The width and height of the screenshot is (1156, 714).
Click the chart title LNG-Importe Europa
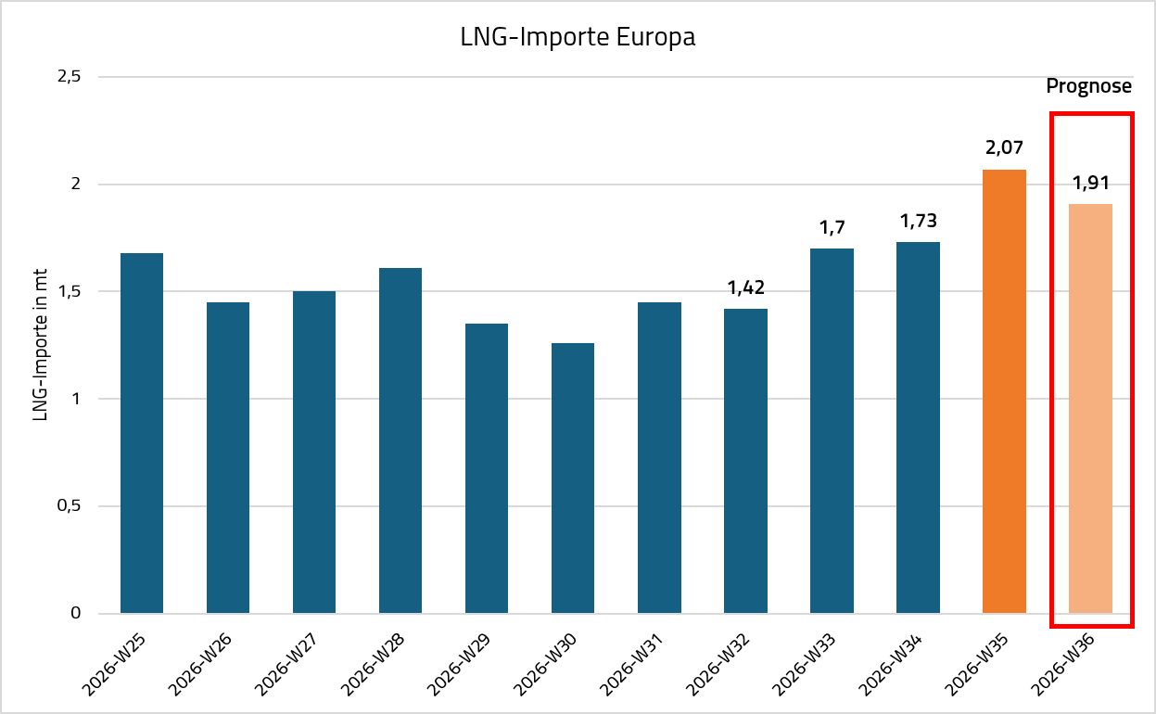click(x=578, y=37)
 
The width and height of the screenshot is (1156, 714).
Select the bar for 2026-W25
click(x=142, y=433)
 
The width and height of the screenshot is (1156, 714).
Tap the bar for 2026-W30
click(x=573, y=478)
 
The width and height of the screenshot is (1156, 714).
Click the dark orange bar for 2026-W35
click(x=1004, y=391)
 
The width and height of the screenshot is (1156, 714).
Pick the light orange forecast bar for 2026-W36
click(x=1090, y=408)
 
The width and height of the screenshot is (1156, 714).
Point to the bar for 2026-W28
click(x=400, y=440)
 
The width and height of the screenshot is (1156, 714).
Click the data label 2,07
click(x=1004, y=148)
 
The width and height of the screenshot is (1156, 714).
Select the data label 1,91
click(x=1090, y=183)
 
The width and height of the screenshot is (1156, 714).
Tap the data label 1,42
click(x=745, y=287)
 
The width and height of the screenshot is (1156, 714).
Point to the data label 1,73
click(x=918, y=221)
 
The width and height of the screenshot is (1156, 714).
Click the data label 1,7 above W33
click(x=832, y=228)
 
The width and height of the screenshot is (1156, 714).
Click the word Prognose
click(x=1089, y=86)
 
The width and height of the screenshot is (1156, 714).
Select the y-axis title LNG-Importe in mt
click(x=40, y=345)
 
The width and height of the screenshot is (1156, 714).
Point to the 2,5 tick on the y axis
click(x=70, y=76)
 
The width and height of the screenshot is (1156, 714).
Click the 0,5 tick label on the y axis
click(x=70, y=505)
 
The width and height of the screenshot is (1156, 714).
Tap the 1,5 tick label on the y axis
click(x=70, y=291)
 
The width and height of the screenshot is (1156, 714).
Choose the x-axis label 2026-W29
click(x=459, y=665)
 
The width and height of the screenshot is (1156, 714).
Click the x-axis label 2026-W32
click(x=718, y=665)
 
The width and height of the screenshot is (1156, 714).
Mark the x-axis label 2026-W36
click(x=1062, y=665)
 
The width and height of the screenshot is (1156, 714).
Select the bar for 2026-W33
click(x=832, y=431)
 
